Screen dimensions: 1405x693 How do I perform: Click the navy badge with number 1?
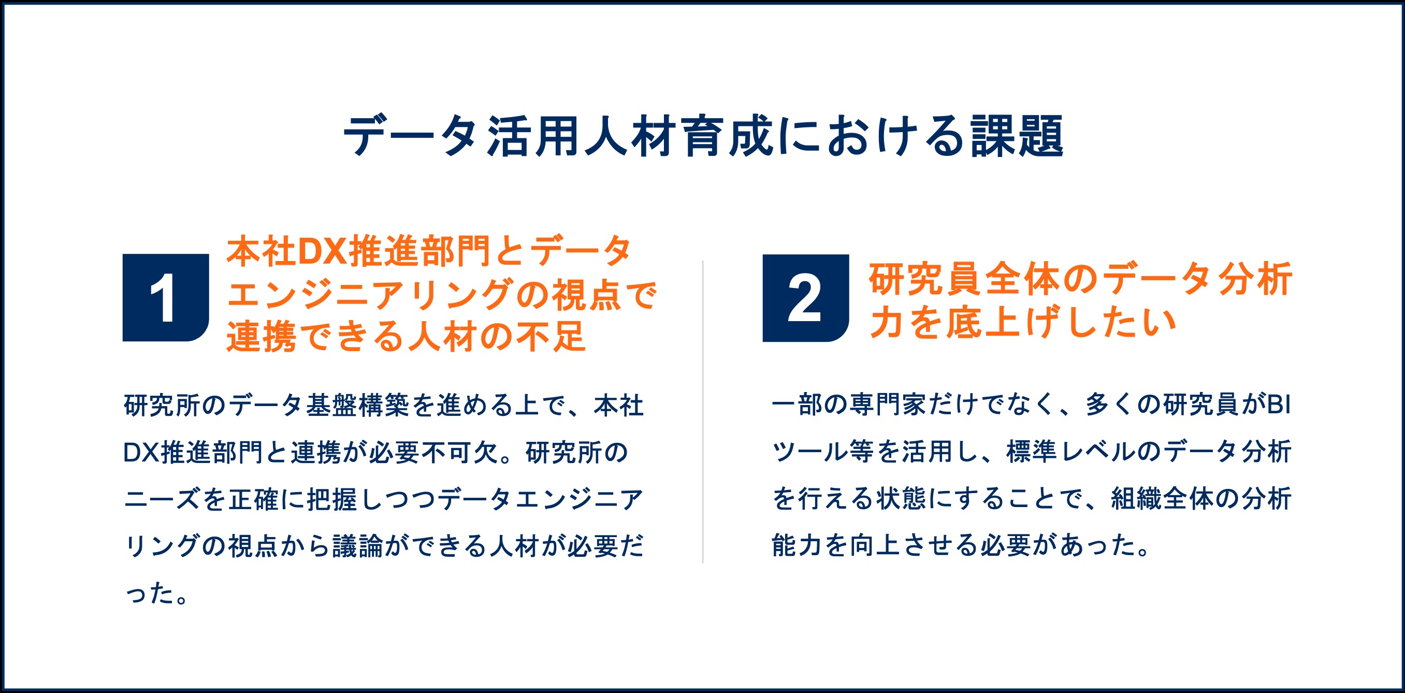(165, 297)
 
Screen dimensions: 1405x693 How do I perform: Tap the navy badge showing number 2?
(806, 298)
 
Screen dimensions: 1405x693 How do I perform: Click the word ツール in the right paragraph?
(810, 452)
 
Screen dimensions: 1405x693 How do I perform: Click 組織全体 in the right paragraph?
(1162, 499)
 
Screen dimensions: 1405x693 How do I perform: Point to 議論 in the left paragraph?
(358, 546)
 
